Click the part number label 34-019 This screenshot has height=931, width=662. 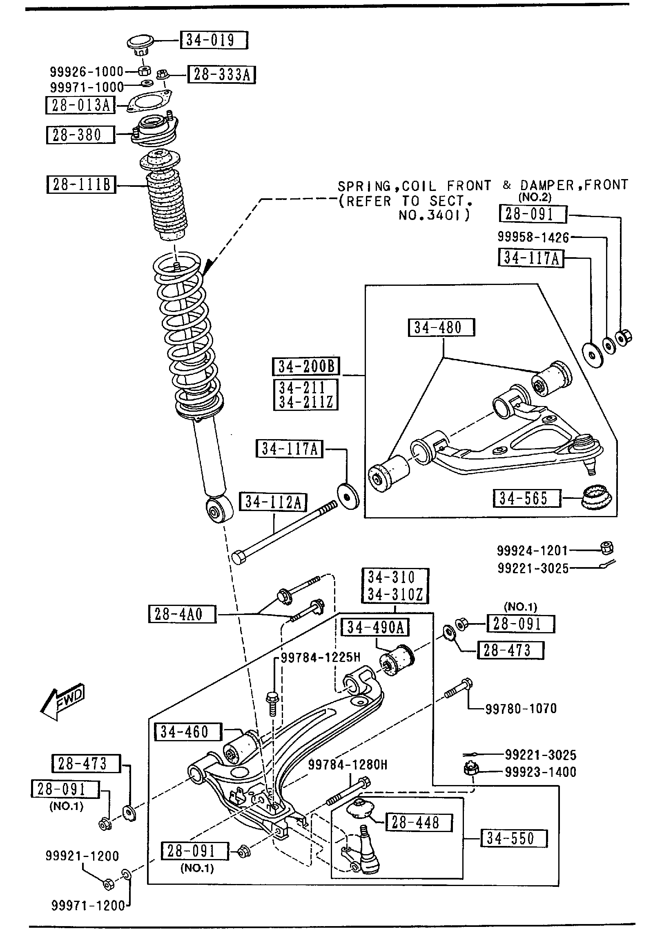(x=214, y=40)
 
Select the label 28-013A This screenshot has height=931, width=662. (x=80, y=105)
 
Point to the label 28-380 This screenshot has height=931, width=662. (x=80, y=135)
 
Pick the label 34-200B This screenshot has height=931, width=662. (x=306, y=366)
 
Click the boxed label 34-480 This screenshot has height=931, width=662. (x=441, y=328)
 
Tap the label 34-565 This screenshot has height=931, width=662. (x=527, y=498)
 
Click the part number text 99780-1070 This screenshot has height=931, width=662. (x=521, y=709)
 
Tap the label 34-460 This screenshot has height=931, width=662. (x=188, y=732)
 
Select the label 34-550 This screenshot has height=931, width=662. (x=513, y=839)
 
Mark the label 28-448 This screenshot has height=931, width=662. (x=419, y=822)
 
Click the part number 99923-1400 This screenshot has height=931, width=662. (x=540, y=772)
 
